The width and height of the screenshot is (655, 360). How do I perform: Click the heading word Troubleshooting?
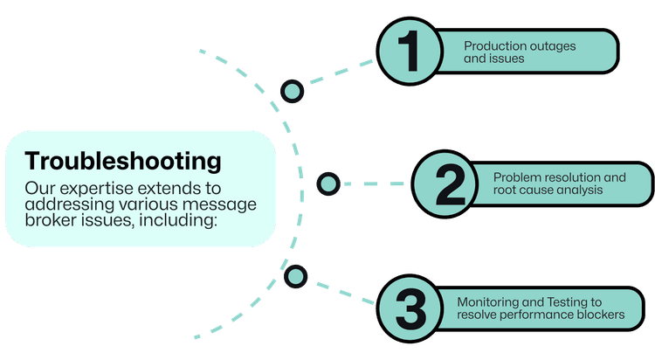pyautogui.click(x=122, y=163)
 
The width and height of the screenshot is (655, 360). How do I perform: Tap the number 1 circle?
pyautogui.click(x=408, y=52)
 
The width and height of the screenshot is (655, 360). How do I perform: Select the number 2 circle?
pyautogui.click(x=448, y=183)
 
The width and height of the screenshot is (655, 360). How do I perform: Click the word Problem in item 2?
pyautogui.click(x=515, y=177)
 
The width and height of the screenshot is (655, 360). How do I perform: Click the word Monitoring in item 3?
pyautogui.click(x=487, y=301)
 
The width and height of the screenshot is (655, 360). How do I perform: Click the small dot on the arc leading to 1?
pyautogui.click(x=291, y=90)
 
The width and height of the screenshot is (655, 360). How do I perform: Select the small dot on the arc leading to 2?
pyautogui.click(x=327, y=183)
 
